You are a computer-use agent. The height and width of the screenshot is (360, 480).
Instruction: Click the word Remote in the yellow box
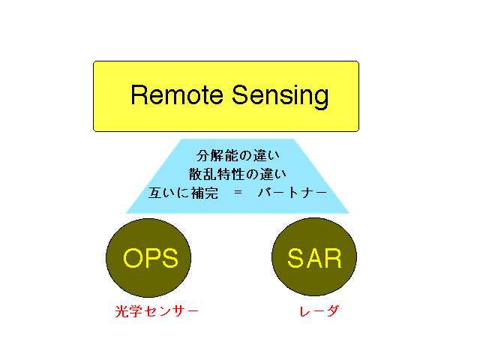[x=177, y=94]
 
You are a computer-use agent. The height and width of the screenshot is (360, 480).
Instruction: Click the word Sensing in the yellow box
[x=280, y=97]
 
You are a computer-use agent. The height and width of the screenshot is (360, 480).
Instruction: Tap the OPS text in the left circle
[x=151, y=258]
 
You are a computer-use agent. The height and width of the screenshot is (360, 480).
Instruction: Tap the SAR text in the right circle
[x=314, y=258]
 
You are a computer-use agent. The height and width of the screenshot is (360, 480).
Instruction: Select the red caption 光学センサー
[x=157, y=311]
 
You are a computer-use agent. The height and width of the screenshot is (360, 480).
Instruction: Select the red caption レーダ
[x=319, y=311]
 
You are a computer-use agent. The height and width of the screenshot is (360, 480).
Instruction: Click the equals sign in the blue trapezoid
[x=238, y=192]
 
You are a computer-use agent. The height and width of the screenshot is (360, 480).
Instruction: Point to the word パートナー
[x=292, y=193]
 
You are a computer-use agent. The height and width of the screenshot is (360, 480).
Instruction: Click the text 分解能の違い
[x=238, y=155]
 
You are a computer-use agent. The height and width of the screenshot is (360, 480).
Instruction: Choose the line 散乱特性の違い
[x=238, y=174]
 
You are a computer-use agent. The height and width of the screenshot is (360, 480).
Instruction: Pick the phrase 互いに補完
[x=183, y=193]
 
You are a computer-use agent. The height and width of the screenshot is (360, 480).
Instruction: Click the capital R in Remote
[x=139, y=95]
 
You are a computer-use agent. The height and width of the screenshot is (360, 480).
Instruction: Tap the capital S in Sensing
[x=240, y=94]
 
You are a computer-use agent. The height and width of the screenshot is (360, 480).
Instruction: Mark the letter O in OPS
[x=132, y=258]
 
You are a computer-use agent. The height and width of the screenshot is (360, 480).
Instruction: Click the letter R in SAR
[x=333, y=258]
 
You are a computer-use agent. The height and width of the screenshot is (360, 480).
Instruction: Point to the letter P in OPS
[x=151, y=258]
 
